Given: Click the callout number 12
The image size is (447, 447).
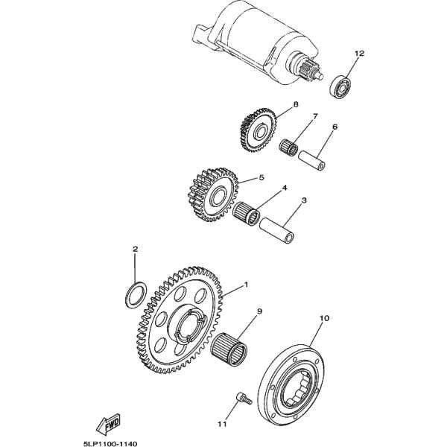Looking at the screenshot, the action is click(x=360, y=54).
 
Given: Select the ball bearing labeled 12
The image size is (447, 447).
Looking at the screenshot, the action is click(x=341, y=86).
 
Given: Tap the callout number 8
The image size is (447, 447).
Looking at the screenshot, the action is click(x=296, y=104).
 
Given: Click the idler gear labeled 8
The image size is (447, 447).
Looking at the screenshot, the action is click(x=259, y=130).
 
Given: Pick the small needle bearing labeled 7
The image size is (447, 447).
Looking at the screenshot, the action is click(x=288, y=147).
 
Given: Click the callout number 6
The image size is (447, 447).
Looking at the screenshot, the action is click(x=335, y=127).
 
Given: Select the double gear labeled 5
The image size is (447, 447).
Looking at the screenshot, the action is click(x=213, y=194).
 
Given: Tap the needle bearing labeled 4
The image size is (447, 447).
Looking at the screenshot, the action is click(x=246, y=213).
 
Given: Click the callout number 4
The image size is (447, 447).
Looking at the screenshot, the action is click(x=285, y=188).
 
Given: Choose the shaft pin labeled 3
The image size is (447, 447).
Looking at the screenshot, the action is click(x=277, y=230).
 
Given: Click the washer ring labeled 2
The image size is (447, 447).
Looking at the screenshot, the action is click(x=136, y=295).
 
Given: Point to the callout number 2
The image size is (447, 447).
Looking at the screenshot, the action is click(x=135, y=249).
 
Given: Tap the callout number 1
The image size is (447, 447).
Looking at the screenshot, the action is click(x=246, y=285).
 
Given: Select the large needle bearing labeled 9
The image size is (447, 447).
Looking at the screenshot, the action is click(x=229, y=349).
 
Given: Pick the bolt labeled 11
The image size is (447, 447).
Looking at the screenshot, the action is click(x=244, y=399).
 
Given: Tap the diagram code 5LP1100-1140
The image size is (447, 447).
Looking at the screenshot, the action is click(x=110, y=443).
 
